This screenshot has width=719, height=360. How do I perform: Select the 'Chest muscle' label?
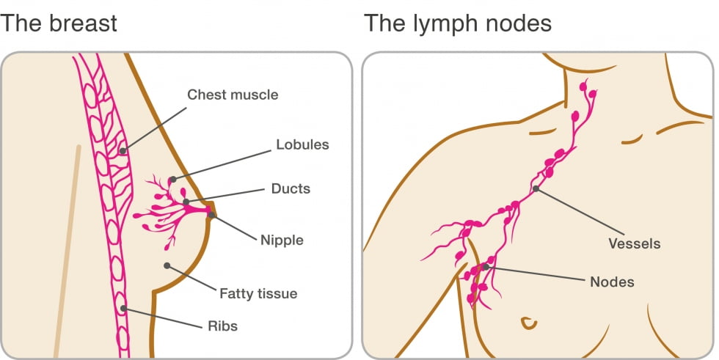[x=233, y=95]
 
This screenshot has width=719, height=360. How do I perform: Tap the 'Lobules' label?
[x=302, y=144]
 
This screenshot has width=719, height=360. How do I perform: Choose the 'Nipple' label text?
[x=282, y=240]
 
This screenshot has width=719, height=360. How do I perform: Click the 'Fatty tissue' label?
[x=258, y=294]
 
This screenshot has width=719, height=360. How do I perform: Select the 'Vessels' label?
[x=634, y=243]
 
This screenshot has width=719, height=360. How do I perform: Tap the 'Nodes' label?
[x=612, y=282]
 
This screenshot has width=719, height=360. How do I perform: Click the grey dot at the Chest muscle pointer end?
[x=123, y=151]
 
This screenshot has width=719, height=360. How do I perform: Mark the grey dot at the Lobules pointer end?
[x=172, y=179]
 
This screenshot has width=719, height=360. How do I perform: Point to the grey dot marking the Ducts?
[x=186, y=202]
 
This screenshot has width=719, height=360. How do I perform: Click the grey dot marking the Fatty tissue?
[x=167, y=265]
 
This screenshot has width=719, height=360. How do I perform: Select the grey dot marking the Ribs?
[x=123, y=309]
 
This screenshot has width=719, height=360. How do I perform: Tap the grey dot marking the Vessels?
[x=536, y=189]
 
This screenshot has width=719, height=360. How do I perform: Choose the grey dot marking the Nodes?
[x=485, y=267]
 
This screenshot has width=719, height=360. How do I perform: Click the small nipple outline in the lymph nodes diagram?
[x=526, y=322]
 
